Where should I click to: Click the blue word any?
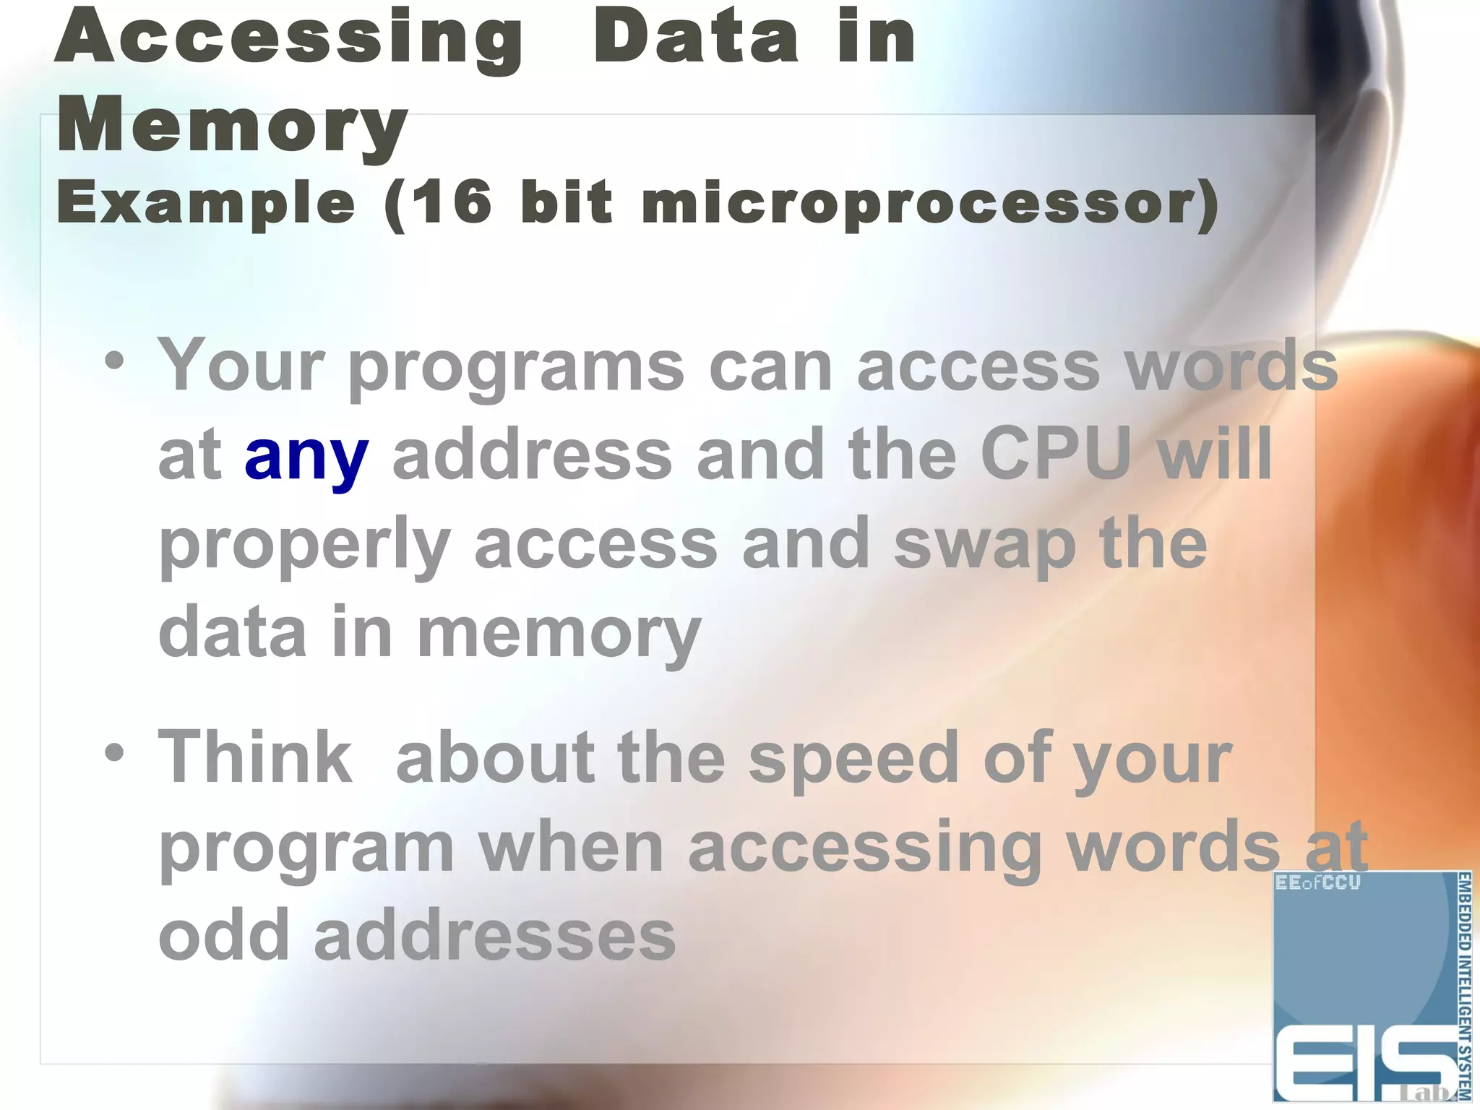click(x=306, y=457)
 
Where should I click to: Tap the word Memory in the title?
click(x=233, y=126)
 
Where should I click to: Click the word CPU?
click(x=1056, y=454)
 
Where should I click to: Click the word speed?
click(x=853, y=759)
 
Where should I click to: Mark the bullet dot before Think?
click(x=114, y=753)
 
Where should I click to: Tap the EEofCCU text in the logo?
click(x=1318, y=882)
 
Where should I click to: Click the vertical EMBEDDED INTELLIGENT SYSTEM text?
click(x=1464, y=986)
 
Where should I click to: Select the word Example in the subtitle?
click(x=206, y=205)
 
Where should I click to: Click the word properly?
click(x=304, y=547)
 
